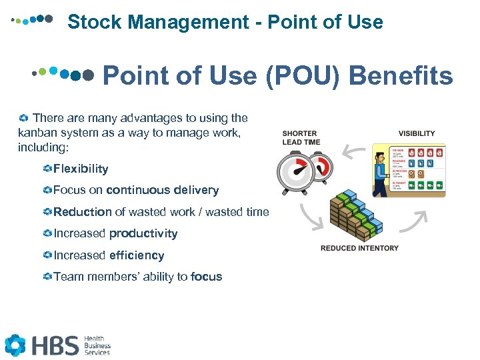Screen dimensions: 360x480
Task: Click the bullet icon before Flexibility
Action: tap(47, 169)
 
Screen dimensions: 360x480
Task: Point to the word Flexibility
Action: tap(81, 169)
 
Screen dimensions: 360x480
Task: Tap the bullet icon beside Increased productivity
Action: tap(47, 234)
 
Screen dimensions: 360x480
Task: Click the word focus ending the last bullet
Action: tap(206, 277)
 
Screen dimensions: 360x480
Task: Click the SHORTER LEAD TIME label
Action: tap(301, 137)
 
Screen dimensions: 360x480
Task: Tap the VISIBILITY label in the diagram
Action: tap(417, 133)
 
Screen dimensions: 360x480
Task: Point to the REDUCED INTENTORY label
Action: tap(359, 248)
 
